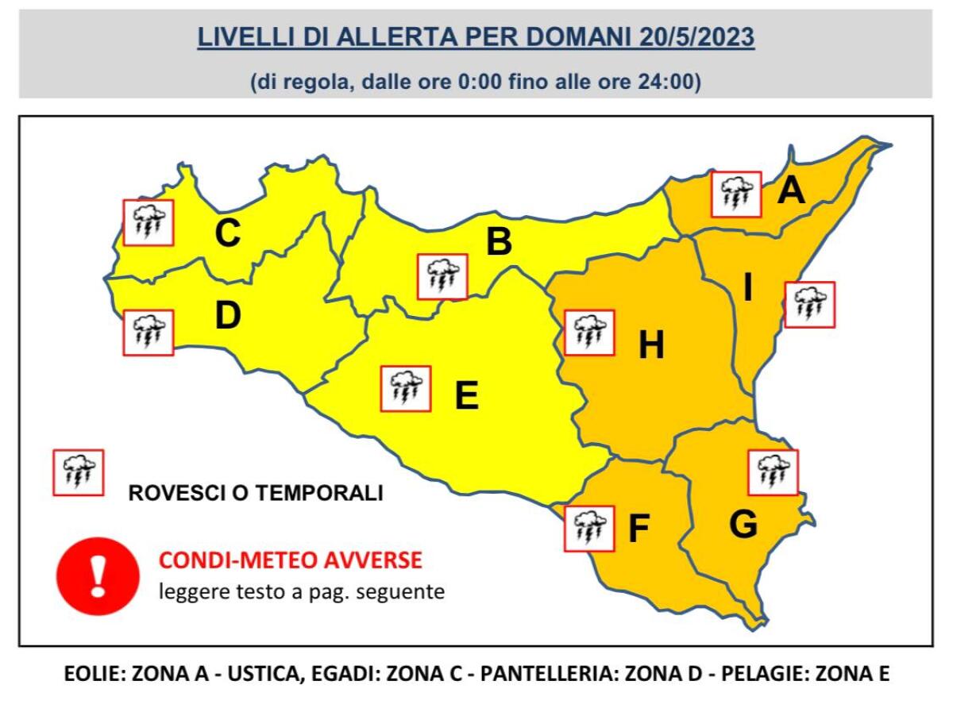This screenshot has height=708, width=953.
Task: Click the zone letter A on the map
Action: pyautogui.click(x=790, y=190)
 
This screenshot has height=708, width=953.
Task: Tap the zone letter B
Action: pyautogui.click(x=499, y=242)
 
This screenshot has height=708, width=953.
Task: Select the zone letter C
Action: pyautogui.click(x=228, y=233)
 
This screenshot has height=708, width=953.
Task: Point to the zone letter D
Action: pyautogui.click(x=228, y=317)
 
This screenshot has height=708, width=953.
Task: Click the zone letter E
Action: pyautogui.click(x=467, y=395)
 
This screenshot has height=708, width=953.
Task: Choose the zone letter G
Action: pyautogui.click(x=743, y=525)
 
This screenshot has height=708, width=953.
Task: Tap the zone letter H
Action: pyautogui.click(x=651, y=345)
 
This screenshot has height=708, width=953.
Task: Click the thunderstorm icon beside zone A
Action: pyautogui.click(x=736, y=194)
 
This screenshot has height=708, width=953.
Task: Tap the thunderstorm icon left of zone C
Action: pyautogui.click(x=149, y=221)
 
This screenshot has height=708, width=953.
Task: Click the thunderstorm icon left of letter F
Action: pyautogui.click(x=588, y=528)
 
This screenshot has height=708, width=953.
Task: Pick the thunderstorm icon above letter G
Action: pyautogui.click(x=773, y=472)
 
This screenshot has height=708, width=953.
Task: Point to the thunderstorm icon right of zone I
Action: pyautogui.click(x=809, y=304)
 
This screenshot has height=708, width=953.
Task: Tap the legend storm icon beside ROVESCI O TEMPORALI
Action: pyautogui.click(x=78, y=473)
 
